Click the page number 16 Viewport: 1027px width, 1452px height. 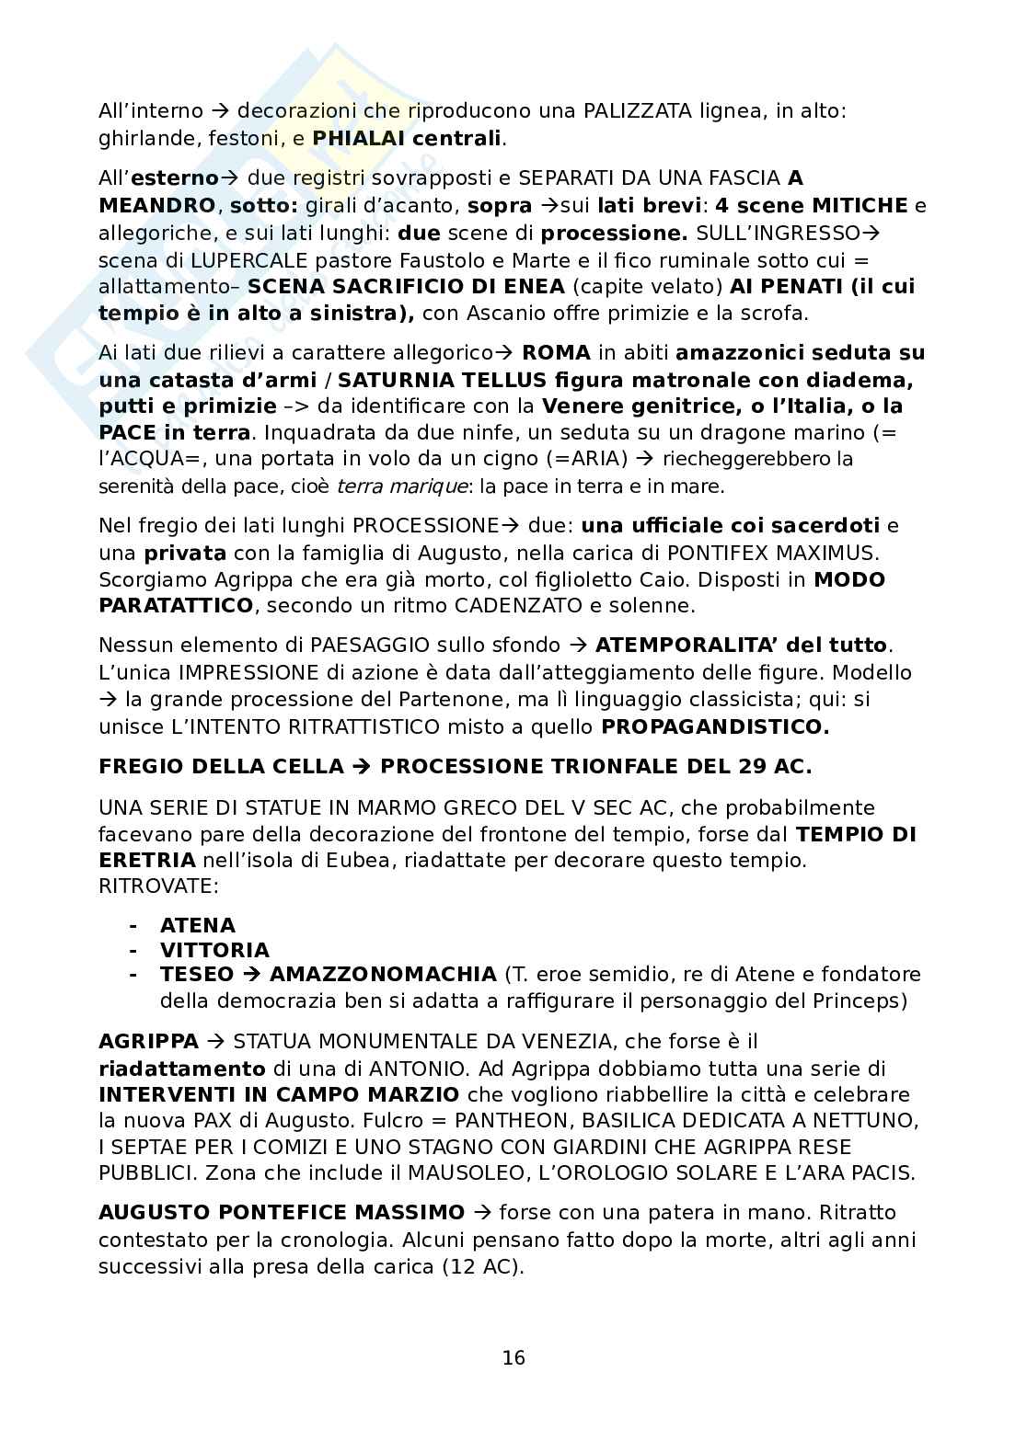(513, 1357)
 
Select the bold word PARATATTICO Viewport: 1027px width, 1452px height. (176, 606)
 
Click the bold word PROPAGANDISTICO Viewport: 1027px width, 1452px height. (715, 726)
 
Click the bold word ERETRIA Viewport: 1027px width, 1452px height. (147, 861)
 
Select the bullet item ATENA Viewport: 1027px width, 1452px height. (198, 925)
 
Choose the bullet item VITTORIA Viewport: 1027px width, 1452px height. (214, 950)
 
